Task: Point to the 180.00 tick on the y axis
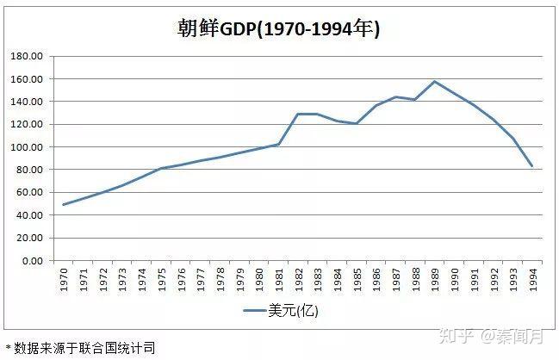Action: [x=27, y=56]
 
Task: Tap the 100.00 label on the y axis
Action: [x=27, y=147]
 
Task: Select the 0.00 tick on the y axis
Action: [x=31, y=261]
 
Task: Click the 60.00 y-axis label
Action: [x=28, y=193]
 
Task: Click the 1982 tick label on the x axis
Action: [x=297, y=279]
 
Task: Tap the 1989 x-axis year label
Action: [x=435, y=279]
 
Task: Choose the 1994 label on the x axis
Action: [x=533, y=279]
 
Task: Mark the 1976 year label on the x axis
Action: [x=179, y=279]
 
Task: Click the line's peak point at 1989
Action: [x=434, y=82]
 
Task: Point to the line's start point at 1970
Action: [x=62, y=205]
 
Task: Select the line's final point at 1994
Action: [x=532, y=166]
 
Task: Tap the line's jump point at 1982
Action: [x=297, y=114]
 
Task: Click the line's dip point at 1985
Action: [x=356, y=123]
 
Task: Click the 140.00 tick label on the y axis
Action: [x=27, y=102]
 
